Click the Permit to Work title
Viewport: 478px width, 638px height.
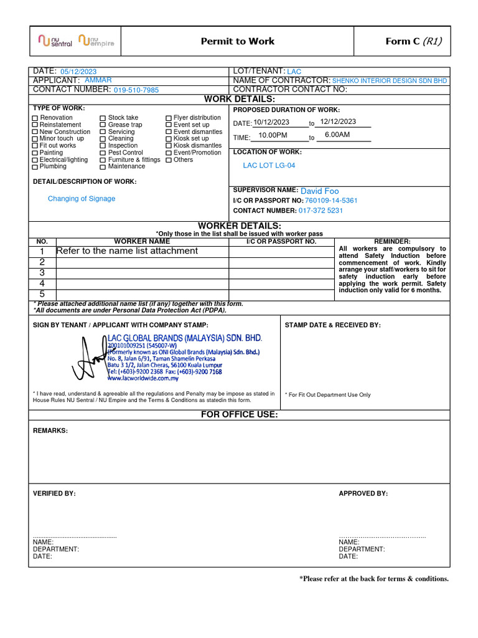point(237,42)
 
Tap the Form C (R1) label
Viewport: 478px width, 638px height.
point(413,42)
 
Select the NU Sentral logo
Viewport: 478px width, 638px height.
point(55,42)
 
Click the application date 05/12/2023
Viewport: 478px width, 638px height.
point(78,72)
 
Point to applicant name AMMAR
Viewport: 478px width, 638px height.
point(98,80)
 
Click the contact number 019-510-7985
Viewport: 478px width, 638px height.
point(136,90)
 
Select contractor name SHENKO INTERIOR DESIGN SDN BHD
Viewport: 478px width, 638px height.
point(389,81)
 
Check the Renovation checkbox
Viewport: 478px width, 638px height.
point(35,118)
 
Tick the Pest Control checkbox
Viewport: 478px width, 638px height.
point(103,153)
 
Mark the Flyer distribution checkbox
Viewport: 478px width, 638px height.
point(169,118)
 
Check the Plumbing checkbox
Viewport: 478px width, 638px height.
point(35,167)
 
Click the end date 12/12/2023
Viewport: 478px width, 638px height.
point(338,121)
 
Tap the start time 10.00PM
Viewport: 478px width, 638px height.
point(273,135)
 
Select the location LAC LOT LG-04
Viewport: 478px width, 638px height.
point(269,165)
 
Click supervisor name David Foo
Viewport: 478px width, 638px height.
point(319,191)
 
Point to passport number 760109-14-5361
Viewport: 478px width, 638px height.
point(331,201)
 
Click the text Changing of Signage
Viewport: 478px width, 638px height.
point(82,199)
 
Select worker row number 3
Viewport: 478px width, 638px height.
point(42,273)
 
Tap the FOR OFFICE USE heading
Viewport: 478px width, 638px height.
point(239,415)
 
